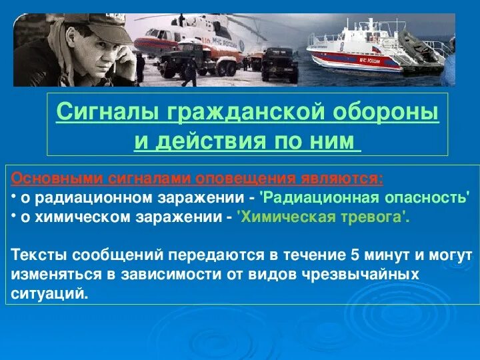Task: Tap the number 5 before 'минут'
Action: [353, 255]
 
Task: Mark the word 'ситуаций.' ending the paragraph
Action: [50, 293]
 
